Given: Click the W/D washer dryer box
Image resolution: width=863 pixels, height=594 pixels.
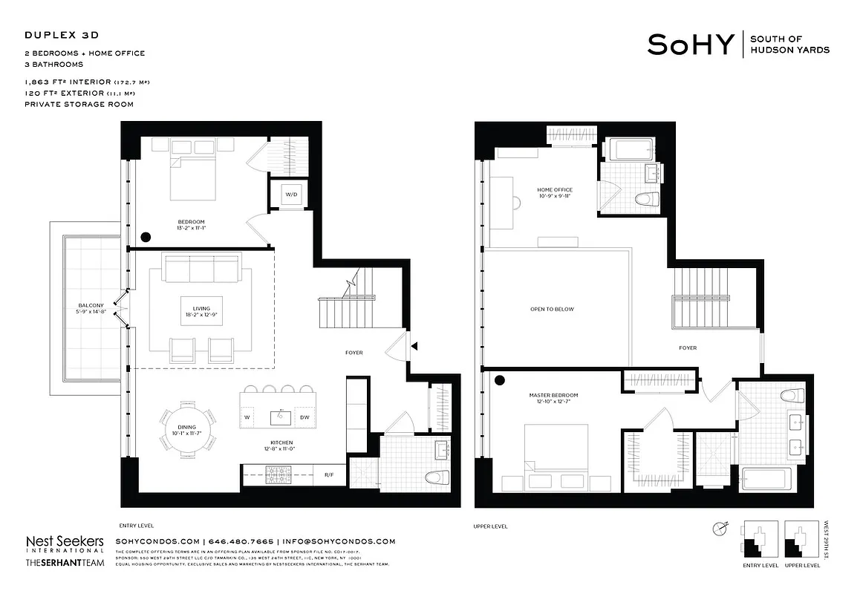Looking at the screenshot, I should click(x=289, y=195).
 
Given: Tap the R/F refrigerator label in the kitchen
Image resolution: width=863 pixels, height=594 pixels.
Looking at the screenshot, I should click(x=328, y=474).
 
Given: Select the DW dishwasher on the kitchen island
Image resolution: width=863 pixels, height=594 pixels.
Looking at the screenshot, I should click(x=305, y=418).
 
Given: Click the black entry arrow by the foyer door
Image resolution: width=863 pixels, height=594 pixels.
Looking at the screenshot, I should click(x=414, y=345).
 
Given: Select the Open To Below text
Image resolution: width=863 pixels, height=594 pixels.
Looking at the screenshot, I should click(x=552, y=309).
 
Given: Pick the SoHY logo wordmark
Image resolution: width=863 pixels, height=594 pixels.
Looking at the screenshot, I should click(x=691, y=45).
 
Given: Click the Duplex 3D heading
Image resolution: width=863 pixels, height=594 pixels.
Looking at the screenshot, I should click(x=62, y=35).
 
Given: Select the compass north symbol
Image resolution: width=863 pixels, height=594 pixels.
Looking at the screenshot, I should click(x=719, y=529).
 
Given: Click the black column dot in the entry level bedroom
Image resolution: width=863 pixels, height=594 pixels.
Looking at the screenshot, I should click(x=146, y=237).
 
